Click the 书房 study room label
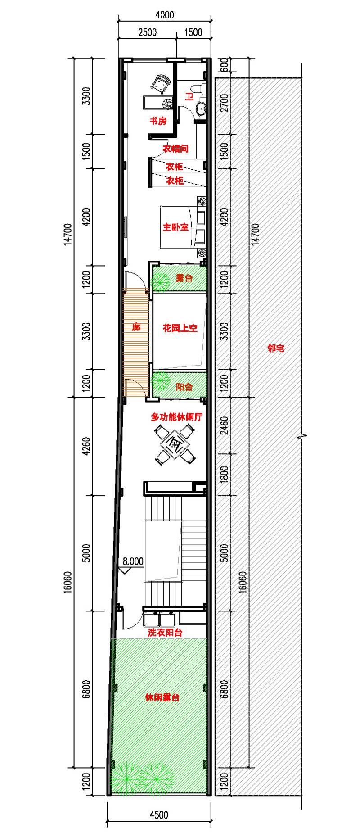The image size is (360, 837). click(x=158, y=121)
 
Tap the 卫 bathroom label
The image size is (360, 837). click(x=189, y=96)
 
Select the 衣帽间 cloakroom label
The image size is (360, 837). click(x=175, y=149)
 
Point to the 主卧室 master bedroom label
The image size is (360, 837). click(x=175, y=227)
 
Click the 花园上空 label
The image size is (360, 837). click(x=180, y=328)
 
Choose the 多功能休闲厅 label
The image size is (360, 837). click(x=176, y=417)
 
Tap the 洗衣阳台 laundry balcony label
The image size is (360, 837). click(x=165, y=633)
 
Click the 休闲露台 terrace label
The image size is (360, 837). click(x=162, y=697)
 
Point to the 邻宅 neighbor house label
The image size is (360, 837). click(x=276, y=348)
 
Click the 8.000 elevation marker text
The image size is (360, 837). click(x=133, y=561)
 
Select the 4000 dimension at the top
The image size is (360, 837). click(x=165, y=15)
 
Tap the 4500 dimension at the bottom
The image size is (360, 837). click(x=158, y=815)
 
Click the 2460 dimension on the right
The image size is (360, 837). click(x=225, y=425)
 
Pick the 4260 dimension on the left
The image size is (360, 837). click(x=86, y=446)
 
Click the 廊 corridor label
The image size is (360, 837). click(x=136, y=327)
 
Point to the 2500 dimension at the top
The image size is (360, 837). click(x=147, y=32)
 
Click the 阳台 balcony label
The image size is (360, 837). click(x=184, y=387)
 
